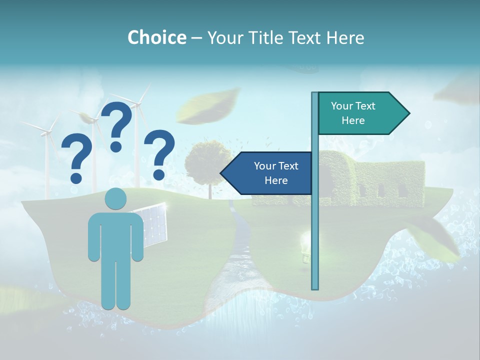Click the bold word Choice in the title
[156, 38]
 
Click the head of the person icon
[116, 199]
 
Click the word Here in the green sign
[353, 120]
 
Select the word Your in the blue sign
[262, 166]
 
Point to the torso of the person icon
[116, 235]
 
